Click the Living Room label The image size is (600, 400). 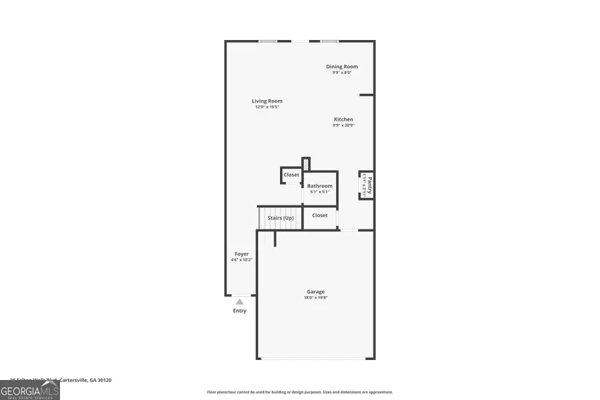267,101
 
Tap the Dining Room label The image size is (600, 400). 342,67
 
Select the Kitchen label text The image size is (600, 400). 343,119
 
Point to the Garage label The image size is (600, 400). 315,291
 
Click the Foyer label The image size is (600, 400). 241,254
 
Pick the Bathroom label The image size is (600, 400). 319,186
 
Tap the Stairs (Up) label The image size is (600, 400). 280,218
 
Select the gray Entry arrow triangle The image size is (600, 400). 239,302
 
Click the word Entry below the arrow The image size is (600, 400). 239,311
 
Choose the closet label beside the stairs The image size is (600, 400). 320,215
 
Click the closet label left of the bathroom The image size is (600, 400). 291,175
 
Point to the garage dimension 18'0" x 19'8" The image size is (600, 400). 315,298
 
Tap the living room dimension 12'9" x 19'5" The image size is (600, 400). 267,107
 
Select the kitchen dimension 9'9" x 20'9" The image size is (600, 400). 343,125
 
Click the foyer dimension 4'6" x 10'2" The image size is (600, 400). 241,260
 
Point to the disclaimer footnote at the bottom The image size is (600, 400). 299,392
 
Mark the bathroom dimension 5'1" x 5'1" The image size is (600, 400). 319,192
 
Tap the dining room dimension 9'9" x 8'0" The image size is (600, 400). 342,73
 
